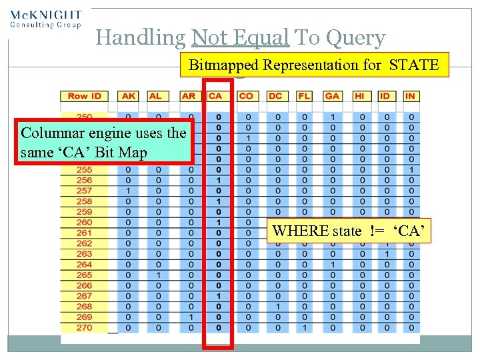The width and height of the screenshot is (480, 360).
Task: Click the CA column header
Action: click(215, 96)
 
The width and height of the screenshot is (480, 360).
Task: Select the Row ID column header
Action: click(84, 96)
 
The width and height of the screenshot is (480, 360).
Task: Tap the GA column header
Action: click(332, 96)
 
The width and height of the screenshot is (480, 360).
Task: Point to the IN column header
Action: click(410, 96)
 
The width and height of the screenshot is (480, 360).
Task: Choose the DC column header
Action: click(275, 96)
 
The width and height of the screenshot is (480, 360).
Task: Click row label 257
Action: click(84, 191)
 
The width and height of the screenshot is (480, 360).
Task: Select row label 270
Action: click(84, 327)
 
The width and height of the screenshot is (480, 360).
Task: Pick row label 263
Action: click(84, 254)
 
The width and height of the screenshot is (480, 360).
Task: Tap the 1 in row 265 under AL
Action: click(158, 275)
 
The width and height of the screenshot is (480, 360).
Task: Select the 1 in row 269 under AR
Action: click(191, 317)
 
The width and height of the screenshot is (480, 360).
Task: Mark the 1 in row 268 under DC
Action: click(275, 307)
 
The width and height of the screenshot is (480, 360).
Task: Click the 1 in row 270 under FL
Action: click(304, 327)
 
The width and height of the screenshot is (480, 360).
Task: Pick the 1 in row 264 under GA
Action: click(332, 265)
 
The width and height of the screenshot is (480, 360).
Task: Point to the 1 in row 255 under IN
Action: click(411, 170)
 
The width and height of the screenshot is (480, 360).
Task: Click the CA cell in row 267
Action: click(219, 296)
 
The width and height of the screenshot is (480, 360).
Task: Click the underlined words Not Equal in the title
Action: click(240, 38)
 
